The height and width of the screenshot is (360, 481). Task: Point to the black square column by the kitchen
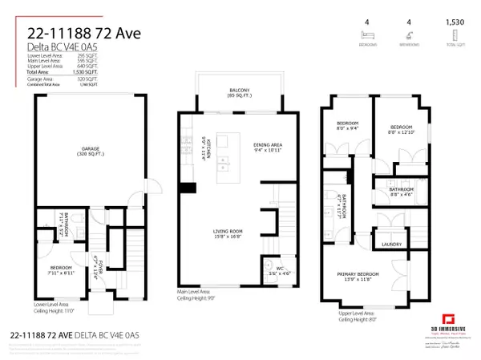click(187, 188)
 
